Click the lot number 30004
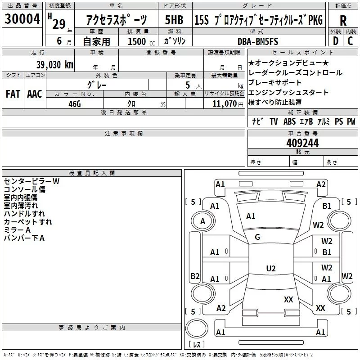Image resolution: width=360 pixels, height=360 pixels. [22, 18]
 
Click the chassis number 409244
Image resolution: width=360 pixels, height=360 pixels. [302, 143]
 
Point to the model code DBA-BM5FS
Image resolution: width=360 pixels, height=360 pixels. [258, 41]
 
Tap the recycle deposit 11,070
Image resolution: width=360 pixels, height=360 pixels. [222, 104]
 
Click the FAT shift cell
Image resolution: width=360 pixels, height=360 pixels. [13, 94]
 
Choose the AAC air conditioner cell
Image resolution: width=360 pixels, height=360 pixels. [34, 94]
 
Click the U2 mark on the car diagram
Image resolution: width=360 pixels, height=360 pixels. [270, 269]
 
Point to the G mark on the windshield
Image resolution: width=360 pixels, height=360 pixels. [257, 237]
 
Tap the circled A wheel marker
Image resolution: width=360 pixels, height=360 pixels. [202, 221]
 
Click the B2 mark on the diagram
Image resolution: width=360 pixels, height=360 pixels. [195, 276]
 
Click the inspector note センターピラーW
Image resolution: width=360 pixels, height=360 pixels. [31, 181]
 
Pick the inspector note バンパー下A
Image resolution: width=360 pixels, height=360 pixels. [24, 238]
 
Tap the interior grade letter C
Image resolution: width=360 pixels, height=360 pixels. [350, 41]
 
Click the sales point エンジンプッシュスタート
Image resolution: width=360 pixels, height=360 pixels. [288, 92]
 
